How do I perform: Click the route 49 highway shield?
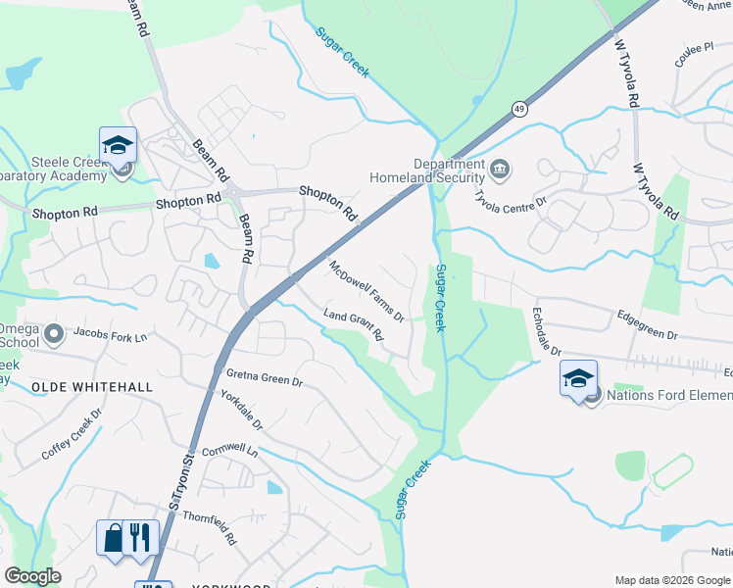tap(518, 109)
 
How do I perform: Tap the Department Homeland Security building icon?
tap(500, 171)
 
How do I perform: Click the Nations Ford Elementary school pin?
tap(579, 378)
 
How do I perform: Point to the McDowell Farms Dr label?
tap(366, 291)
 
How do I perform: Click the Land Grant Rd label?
tap(354, 326)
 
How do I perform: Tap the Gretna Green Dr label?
tap(265, 378)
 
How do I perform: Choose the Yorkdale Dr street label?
tap(241, 412)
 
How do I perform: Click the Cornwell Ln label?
tap(229, 453)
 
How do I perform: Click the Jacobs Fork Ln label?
tap(116, 337)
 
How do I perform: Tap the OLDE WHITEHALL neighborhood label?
tap(92, 387)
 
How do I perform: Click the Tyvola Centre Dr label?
tap(510, 204)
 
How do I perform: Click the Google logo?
tap(33, 576)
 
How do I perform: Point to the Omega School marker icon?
tap(53, 334)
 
